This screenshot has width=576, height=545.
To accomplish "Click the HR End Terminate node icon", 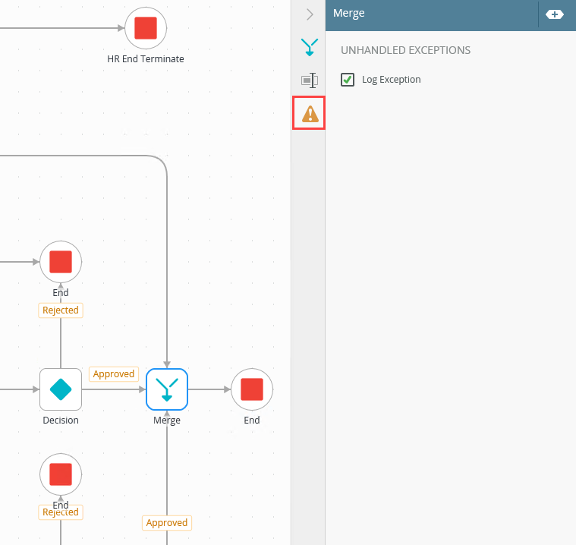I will point(145,28).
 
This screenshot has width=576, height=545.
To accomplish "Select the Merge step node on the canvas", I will point(167,389).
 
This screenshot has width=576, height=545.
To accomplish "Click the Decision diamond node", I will point(61,389).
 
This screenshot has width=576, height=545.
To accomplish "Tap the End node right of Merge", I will point(251,389).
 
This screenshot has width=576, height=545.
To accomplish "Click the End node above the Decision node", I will point(61,262).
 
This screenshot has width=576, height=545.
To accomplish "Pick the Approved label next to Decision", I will point(114,374).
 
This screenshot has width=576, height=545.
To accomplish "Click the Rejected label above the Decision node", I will point(61,310).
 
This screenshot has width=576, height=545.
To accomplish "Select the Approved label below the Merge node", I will point(167,522).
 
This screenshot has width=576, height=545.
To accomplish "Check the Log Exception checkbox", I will point(348,79).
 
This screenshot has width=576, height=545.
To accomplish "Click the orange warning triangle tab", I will point(310,114).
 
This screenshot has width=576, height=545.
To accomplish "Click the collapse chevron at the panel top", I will point(310,14).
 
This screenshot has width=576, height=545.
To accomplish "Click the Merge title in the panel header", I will point(349,14).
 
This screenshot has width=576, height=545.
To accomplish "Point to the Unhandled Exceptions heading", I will point(405,50).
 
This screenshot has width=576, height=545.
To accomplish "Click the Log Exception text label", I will point(391,80).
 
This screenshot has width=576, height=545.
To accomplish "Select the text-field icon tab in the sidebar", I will point(310,80).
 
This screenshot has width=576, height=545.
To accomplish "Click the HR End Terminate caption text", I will point(146,58).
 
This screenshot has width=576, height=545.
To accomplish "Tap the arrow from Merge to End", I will point(210,389).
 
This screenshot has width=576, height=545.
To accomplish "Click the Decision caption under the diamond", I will point(61,420).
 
